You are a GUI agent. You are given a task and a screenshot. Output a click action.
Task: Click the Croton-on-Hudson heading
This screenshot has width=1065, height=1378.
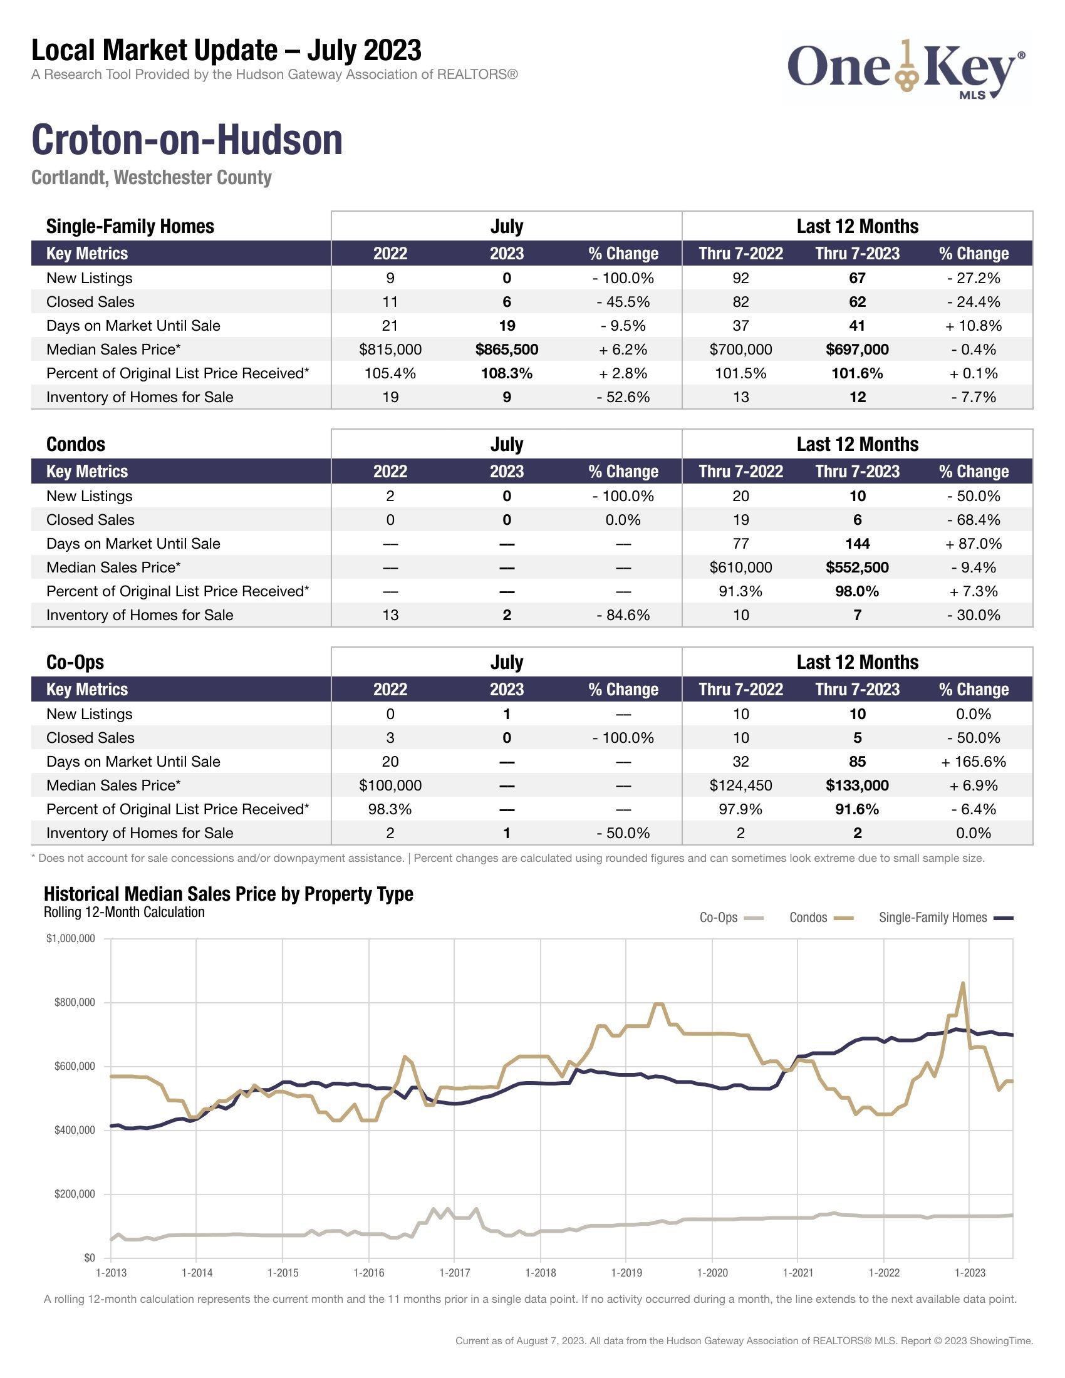click(x=187, y=140)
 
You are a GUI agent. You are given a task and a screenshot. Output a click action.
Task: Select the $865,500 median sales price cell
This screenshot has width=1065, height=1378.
click(x=507, y=350)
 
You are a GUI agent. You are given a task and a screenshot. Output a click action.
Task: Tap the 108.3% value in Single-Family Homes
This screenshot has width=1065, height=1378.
click(x=507, y=373)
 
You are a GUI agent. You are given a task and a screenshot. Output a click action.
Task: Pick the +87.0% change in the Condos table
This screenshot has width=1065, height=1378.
click(x=973, y=544)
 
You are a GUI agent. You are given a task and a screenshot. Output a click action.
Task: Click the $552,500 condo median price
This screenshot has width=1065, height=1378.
click(x=857, y=568)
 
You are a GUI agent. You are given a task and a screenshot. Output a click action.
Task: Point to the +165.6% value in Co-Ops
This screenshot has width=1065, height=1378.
click(x=973, y=762)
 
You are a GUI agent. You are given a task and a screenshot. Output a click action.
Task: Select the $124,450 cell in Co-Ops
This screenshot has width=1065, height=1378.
click(x=740, y=785)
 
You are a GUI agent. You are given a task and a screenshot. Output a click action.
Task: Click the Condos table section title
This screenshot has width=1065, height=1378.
click(x=76, y=444)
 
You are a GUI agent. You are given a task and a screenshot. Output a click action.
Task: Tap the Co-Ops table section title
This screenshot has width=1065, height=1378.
click(x=75, y=662)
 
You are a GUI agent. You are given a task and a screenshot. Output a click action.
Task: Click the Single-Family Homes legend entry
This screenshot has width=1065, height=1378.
click(x=945, y=918)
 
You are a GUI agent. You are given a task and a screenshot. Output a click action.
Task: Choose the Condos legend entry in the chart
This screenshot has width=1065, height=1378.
click(x=820, y=918)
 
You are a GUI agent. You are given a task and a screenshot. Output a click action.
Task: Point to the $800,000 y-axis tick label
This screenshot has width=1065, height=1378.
click(x=75, y=1003)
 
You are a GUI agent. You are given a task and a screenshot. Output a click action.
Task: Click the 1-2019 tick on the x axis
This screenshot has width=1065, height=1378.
click(x=626, y=1273)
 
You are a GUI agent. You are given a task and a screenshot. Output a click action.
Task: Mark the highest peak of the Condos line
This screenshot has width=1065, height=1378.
click(x=962, y=983)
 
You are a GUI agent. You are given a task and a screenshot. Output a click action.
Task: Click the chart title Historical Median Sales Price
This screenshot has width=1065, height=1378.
click(x=229, y=894)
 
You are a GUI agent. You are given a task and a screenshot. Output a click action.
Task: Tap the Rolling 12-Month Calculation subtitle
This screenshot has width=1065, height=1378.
click(x=124, y=913)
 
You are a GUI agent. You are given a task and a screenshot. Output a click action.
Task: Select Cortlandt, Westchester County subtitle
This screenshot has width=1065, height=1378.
click(x=152, y=178)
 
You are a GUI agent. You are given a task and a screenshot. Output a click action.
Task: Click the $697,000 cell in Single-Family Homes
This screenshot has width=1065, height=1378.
click(x=857, y=350)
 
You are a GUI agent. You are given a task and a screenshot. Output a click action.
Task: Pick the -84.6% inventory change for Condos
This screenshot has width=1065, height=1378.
click(x=623, y=615)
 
